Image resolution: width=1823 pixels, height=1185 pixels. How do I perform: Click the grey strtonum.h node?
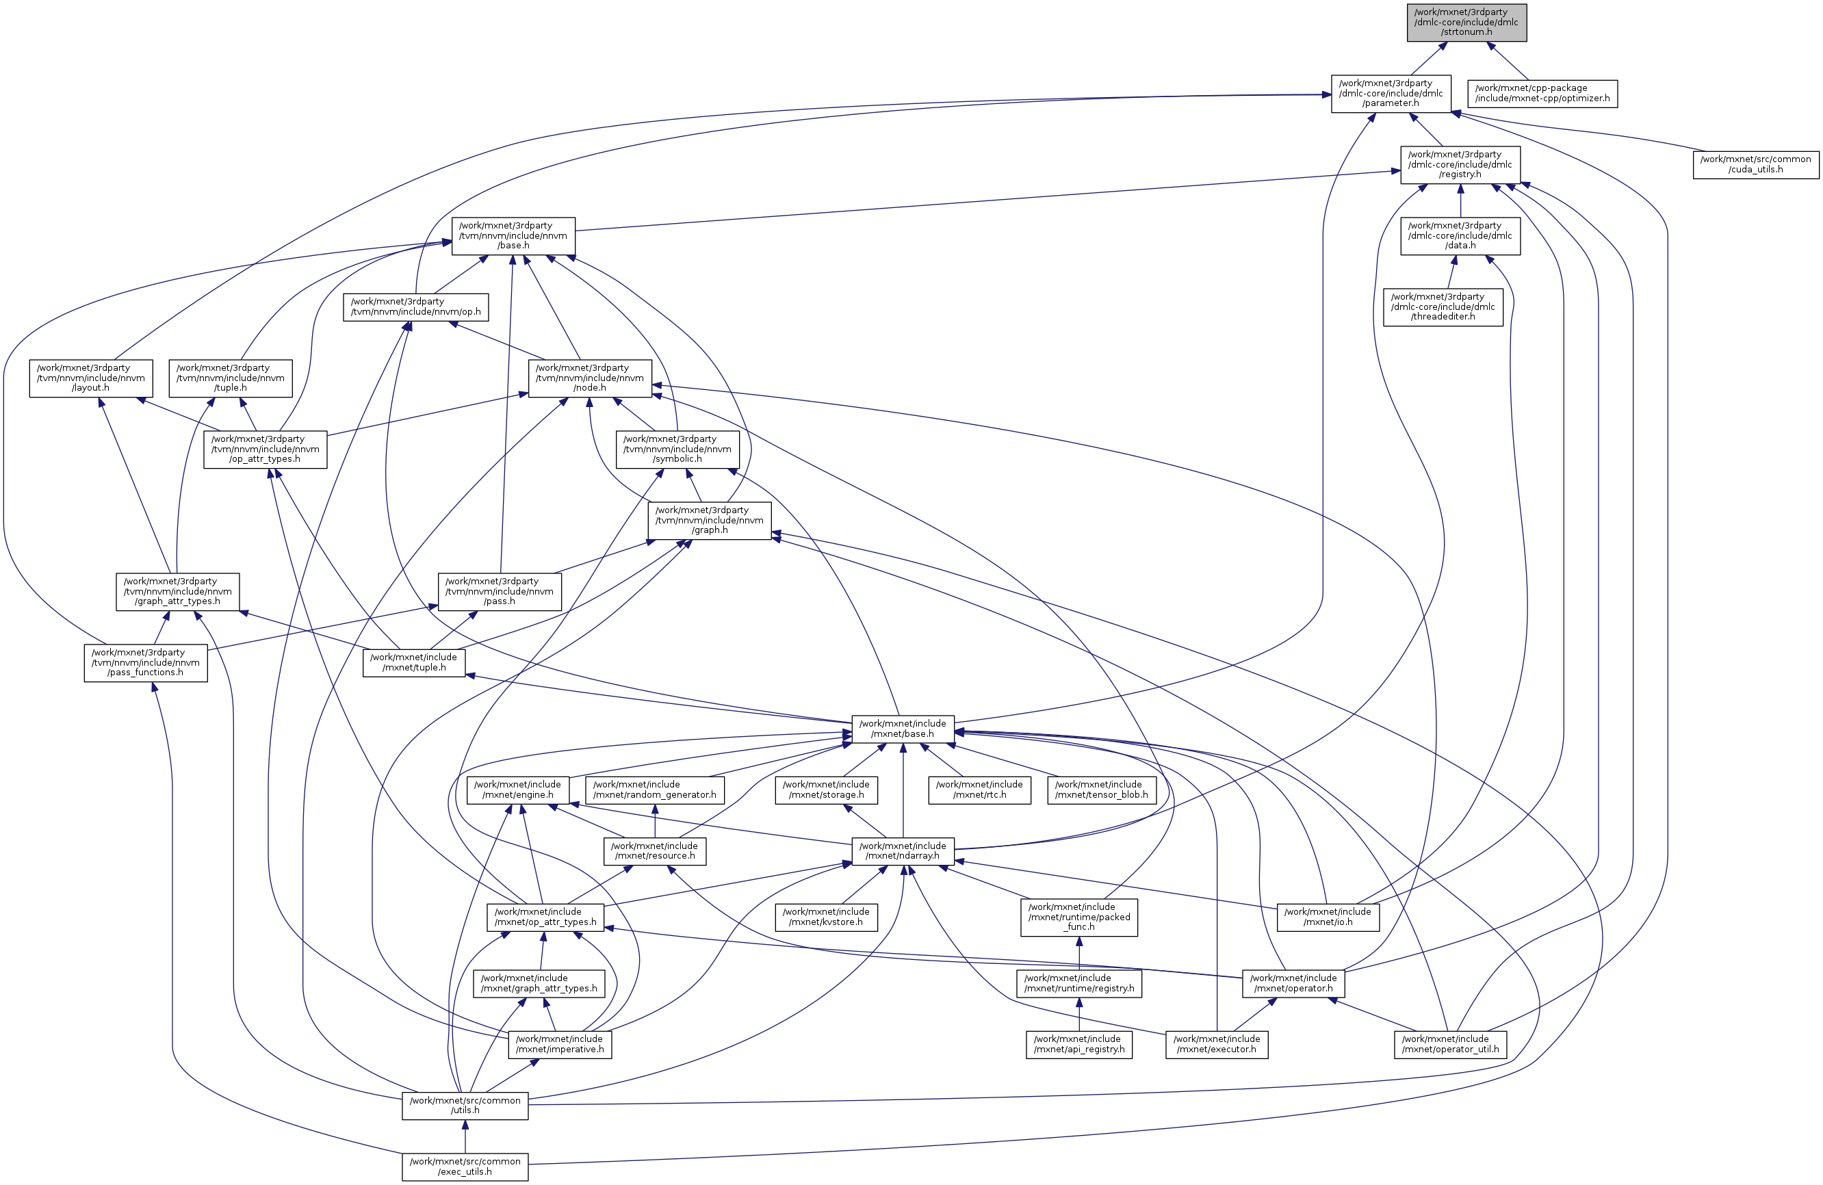(1466, 22)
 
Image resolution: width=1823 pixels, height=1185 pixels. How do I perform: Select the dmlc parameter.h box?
(1391, 94)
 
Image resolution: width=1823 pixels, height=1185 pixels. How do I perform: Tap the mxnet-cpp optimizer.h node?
(1542, 94)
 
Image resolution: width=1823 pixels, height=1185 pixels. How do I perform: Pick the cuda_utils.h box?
(1755, 165)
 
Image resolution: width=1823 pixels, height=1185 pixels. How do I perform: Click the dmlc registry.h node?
(1459, 165)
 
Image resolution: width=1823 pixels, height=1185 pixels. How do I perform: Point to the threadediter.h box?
(1443, 307)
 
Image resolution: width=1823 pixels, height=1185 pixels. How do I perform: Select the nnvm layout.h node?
(90, 378)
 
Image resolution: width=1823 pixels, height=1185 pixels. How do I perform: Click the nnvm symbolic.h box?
(677, 450)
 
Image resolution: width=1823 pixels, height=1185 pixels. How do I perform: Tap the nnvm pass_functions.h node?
(146, 662)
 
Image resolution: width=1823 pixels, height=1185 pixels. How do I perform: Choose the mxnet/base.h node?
(903, 729)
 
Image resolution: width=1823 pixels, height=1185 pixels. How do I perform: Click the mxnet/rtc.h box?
(979, 790)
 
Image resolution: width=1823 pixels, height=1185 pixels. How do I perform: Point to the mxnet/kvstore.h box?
(826, 917)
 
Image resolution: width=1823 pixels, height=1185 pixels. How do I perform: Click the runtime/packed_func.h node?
(1078, 917)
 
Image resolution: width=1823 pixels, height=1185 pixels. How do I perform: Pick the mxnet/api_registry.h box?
(1078, 1045)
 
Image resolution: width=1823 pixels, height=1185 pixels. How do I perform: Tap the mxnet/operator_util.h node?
(1450, 1045)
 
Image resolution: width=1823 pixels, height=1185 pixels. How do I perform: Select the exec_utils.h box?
(464, 1167)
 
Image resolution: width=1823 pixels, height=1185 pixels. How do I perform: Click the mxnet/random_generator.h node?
(654, 790)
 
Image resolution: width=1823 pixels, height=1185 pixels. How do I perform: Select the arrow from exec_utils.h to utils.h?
(464, 1136)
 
